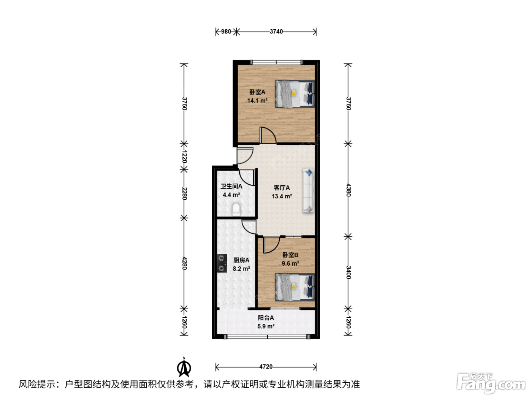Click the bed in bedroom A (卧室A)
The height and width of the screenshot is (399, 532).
295,94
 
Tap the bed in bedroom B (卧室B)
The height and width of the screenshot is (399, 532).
295,287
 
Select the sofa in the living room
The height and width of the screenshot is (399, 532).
309,191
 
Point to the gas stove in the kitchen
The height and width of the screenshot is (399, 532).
222,263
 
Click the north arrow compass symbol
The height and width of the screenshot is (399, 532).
184,367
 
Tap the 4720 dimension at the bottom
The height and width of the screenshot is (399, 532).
266,367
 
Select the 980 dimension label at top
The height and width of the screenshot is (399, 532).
226,32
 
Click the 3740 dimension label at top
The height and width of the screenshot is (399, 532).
276,32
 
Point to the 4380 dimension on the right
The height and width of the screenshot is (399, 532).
348,190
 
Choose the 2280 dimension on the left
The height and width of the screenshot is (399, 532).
184,193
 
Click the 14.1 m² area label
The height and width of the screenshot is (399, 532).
257,101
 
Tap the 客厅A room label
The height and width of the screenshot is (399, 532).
282,188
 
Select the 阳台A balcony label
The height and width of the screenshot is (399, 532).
266,318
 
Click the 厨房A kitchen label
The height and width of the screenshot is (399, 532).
241,260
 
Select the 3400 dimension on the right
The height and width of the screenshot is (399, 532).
348,272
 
